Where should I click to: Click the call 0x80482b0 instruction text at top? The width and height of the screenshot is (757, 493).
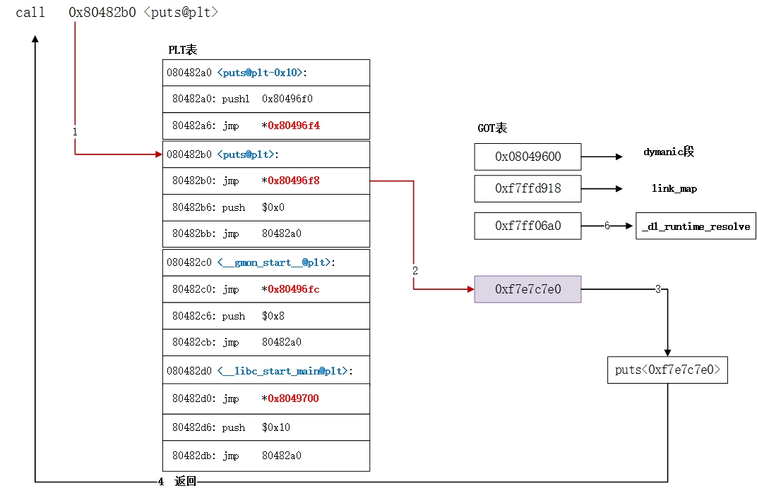tap(117, 13)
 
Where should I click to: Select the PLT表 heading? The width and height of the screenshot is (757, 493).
tap(182, 49)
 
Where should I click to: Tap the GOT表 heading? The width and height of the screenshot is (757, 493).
tap(492, 128)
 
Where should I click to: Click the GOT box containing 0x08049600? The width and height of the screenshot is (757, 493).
tap(527, 157)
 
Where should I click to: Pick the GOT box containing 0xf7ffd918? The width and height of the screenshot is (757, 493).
tap(527, 188)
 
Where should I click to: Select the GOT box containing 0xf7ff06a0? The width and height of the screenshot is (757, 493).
tap(527, 226)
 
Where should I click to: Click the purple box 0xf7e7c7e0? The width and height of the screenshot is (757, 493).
tap(527, 289)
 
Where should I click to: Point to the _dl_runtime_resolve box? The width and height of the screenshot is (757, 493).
tap(696, 226)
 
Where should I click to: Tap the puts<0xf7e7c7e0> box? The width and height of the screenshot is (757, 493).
tap(667, 370)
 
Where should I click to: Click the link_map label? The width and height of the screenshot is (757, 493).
tap(674, 189)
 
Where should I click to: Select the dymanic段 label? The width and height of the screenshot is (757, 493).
tap(669, 152)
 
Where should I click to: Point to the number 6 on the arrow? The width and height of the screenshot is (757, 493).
tap(607, 226)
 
